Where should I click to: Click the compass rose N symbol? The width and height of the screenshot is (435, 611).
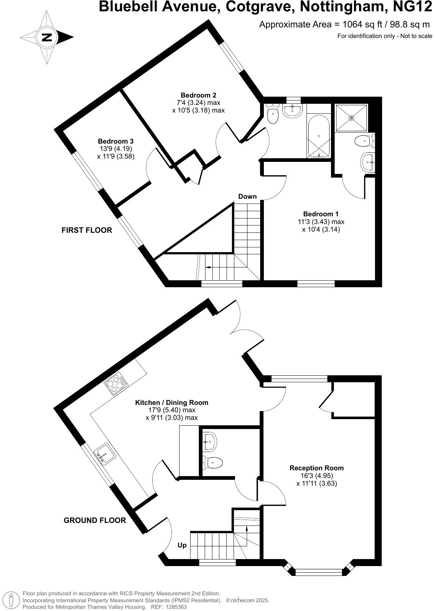point(47,37)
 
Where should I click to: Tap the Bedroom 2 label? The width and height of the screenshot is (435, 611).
point(198,96)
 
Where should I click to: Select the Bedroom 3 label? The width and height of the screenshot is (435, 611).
point(115,141)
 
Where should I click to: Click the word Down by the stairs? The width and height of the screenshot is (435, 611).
point(247,197)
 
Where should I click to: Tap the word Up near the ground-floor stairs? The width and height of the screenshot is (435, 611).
point(182,545)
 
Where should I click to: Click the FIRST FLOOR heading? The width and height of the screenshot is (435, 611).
point(86,230)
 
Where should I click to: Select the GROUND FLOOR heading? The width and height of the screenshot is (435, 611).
point(95,520)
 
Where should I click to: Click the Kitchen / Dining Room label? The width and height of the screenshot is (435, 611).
point(172,403)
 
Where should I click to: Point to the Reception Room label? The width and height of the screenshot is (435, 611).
point(316,468)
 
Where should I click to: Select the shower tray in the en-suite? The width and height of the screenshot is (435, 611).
point(351,118)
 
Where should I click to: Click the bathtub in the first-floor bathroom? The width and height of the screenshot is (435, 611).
point(319,136)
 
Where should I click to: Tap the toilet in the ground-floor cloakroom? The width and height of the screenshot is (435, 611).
point(213,463)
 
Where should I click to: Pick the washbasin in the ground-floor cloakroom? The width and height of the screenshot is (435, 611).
point(209,441)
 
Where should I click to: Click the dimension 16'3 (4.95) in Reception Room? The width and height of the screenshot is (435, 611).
point(316,476)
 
